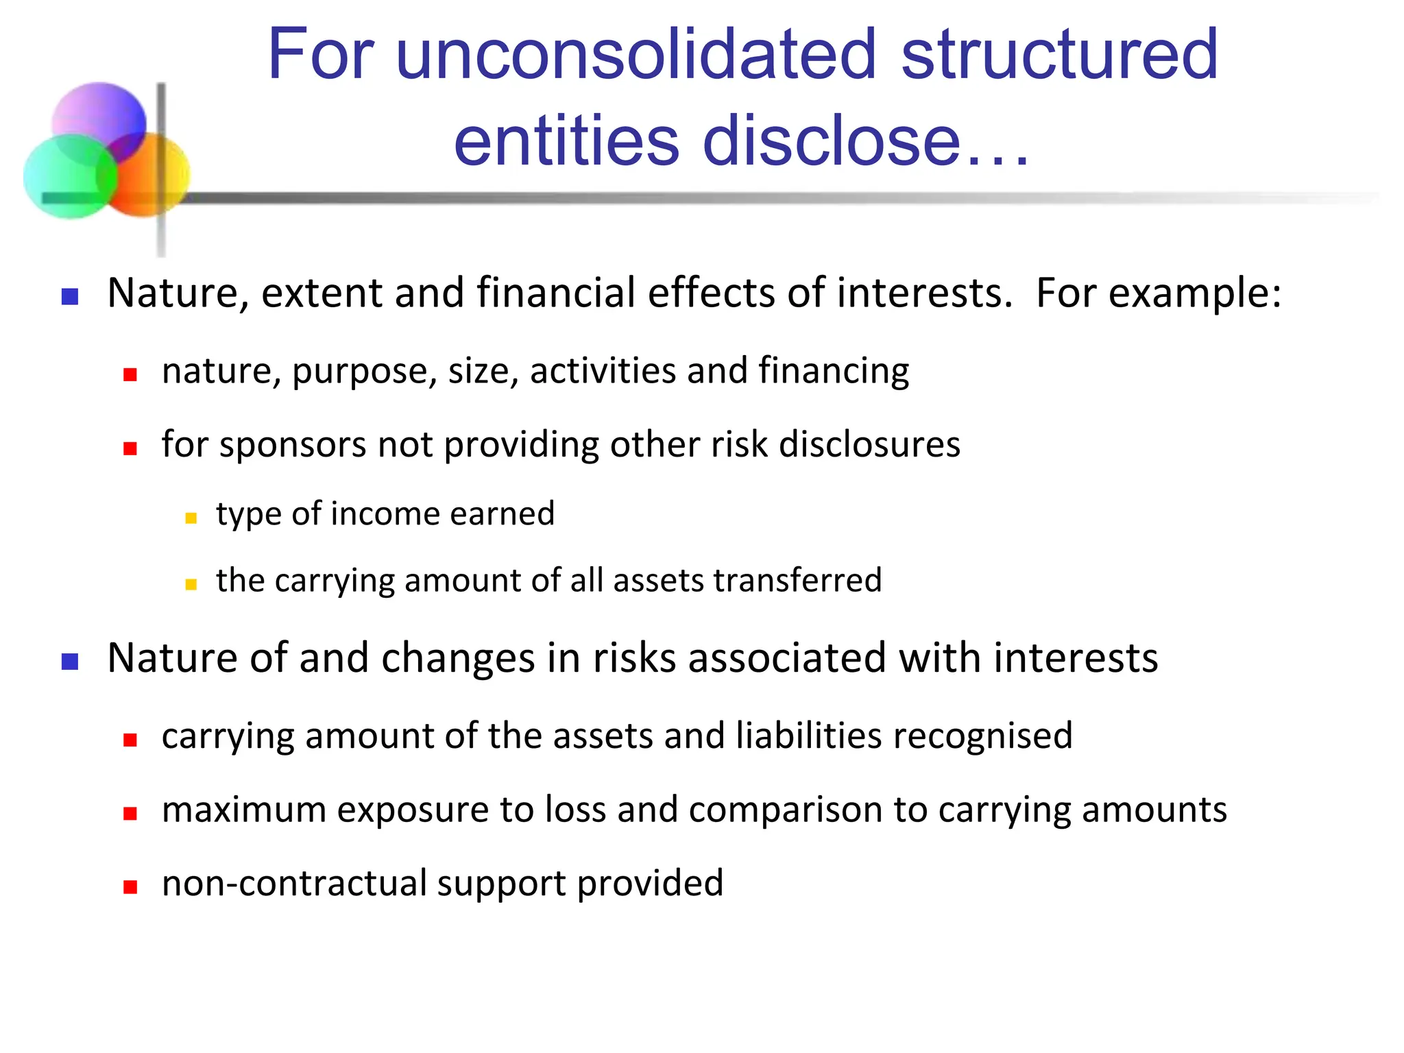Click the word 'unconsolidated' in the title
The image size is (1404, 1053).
click(636, 55)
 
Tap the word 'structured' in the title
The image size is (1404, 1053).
click(1059, 55)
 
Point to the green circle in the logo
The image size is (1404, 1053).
click(65, 178)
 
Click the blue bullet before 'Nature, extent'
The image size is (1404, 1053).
click(70, 296)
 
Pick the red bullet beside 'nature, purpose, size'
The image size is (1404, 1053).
click(130, 374)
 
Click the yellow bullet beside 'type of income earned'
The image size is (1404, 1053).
click(191, 518)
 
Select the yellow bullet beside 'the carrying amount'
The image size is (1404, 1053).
click(191, 585)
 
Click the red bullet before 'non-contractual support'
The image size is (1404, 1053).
click(130, 887)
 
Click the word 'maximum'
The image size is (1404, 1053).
click(244, 810)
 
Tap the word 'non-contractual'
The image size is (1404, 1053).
click(294, 883)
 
